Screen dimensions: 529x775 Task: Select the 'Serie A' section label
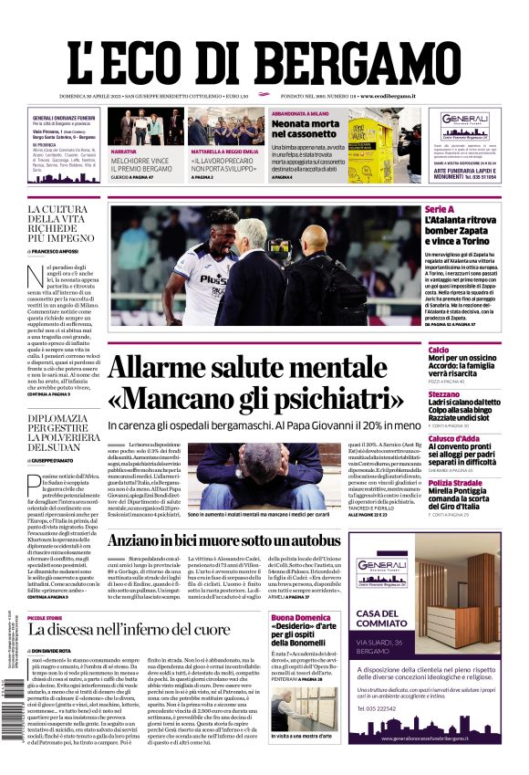coord(440,210)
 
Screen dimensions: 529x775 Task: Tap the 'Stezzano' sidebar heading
coord(444,394)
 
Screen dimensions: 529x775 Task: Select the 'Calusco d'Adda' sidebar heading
coord(454,438)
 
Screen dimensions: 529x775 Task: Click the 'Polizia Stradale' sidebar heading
coord(455,482)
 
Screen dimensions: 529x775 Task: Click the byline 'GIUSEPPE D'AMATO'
coord(56,460)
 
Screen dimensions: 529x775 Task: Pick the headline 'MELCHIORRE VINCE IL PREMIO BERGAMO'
coord(141,165)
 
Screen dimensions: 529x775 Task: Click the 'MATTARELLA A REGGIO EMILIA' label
coord(225,151)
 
